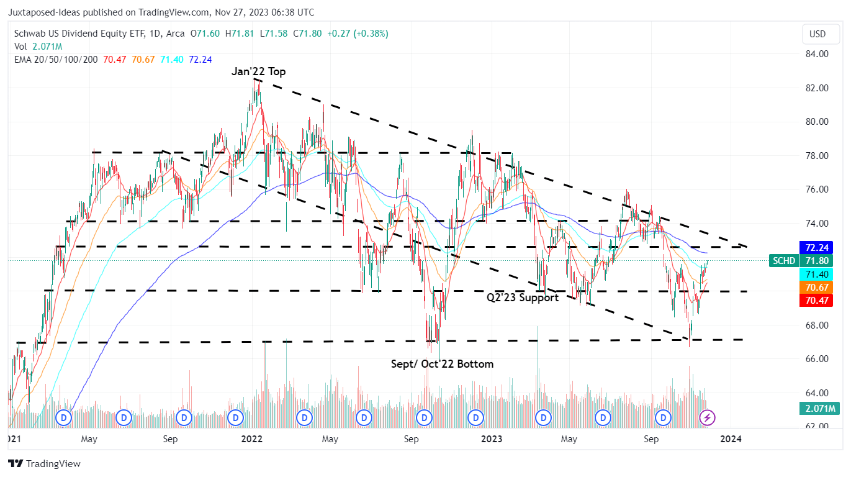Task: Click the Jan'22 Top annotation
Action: [259, 71]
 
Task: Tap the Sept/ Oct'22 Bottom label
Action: [442, 364]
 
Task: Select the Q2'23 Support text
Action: [523, 298]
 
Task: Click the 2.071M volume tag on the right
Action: [819, 408]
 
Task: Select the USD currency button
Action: [817, 34]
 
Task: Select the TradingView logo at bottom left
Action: [44, 463]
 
